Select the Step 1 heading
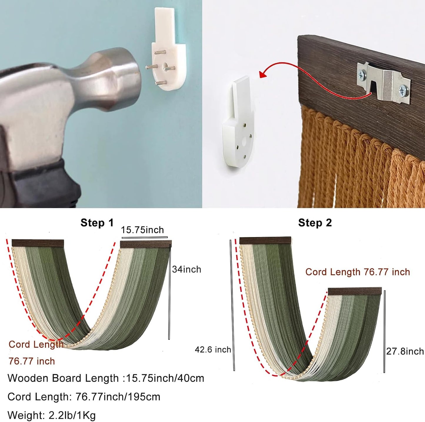97,223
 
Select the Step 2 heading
315,223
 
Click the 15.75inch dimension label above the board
142,230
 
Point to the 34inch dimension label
186,269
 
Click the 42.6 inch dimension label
213,350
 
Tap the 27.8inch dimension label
405,351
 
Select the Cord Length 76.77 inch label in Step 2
358,272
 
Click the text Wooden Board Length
63,378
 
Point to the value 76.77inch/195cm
118,397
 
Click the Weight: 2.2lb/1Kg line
51,416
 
